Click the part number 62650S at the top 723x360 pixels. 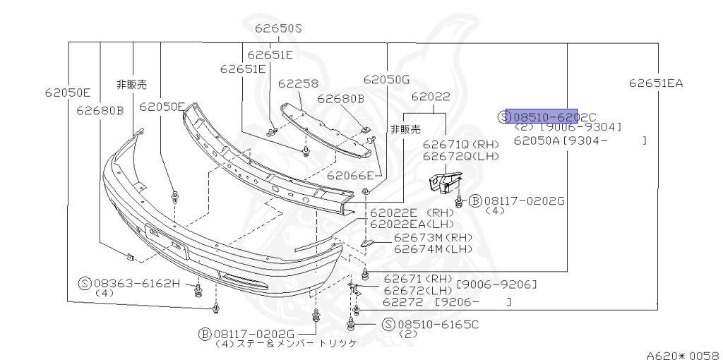point(278,29)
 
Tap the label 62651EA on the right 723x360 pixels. point(656,83)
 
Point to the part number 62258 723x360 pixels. point(298,83)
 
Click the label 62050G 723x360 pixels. point(386,80)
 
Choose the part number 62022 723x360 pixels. point(431,97)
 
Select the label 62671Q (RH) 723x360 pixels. point(460,143)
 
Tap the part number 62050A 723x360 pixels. point(537,140)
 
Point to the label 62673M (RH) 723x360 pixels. point(432,237)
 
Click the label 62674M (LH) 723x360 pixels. point(432,248)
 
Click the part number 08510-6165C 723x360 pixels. point(438,324)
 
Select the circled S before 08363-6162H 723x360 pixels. point(84,283)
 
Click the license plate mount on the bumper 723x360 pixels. point(167,239)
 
